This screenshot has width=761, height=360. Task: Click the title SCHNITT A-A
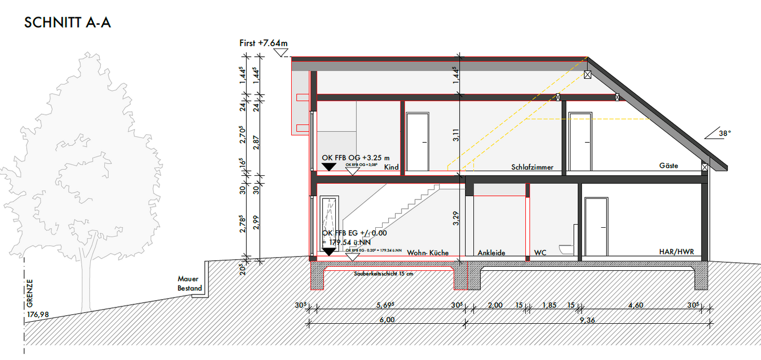68,23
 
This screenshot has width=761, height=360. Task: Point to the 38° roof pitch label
724,134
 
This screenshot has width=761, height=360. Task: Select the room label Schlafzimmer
532,167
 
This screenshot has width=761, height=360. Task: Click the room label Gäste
669,166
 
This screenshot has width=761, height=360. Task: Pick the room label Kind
392,167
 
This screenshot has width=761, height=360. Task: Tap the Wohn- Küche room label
428,252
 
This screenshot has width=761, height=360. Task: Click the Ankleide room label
491,252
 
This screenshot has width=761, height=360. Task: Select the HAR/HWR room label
677,252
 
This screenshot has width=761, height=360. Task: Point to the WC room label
540,252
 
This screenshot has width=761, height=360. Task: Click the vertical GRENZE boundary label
30,293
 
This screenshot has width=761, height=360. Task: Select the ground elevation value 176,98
38,314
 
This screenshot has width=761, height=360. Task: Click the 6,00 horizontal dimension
386,320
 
